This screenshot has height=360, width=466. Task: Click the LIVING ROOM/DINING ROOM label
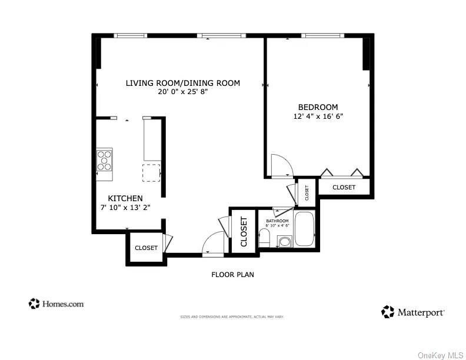pyautogui.click(x=182, y=83)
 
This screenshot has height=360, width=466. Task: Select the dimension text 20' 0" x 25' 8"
pyautogui.click(x=182, y=92)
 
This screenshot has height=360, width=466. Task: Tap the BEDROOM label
pyautogui.click(x=318, y=107)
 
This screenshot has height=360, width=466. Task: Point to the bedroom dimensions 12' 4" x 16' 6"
pyautogui.click(x=318, y=116)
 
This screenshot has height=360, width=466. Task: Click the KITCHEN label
pyautogui.click(x=125, y=199)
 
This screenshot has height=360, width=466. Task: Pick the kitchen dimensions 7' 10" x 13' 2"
pyautogui.click(x=125, y=208)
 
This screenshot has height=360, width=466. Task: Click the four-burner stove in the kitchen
pyautogui.click(x=105, y=160)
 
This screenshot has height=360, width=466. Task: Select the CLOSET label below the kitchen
pyautogui.click(x=146, y=248)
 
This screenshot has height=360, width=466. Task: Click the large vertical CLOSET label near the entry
pyautogui.click(x=244, y=232)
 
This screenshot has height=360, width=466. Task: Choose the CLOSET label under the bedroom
pyautogui.click(x=344, y=188)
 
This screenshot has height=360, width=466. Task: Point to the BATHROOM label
pyautogui.click(x=277, y=221)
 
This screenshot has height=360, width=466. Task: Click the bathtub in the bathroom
pyautogui.click(x=305, y=229)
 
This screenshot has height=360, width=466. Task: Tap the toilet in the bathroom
pyautogui.click(x=265, y=238)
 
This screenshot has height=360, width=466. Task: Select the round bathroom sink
pyautogui.click(x=285, y=241)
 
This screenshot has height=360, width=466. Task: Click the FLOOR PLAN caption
pyautogui.click(x=232, y=275)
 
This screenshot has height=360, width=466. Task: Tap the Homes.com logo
pyautogui.click(x=56, y=304)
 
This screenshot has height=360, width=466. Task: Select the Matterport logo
pyautogui.click(x=413, y=312)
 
